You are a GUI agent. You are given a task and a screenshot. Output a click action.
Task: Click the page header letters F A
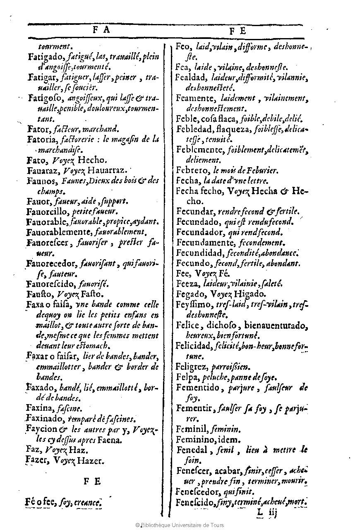(x=101, y=30)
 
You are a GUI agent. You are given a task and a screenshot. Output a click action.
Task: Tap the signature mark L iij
(x=266, y=513)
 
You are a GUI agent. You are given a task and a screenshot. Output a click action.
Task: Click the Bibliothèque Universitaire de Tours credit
(x=180, y=525)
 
